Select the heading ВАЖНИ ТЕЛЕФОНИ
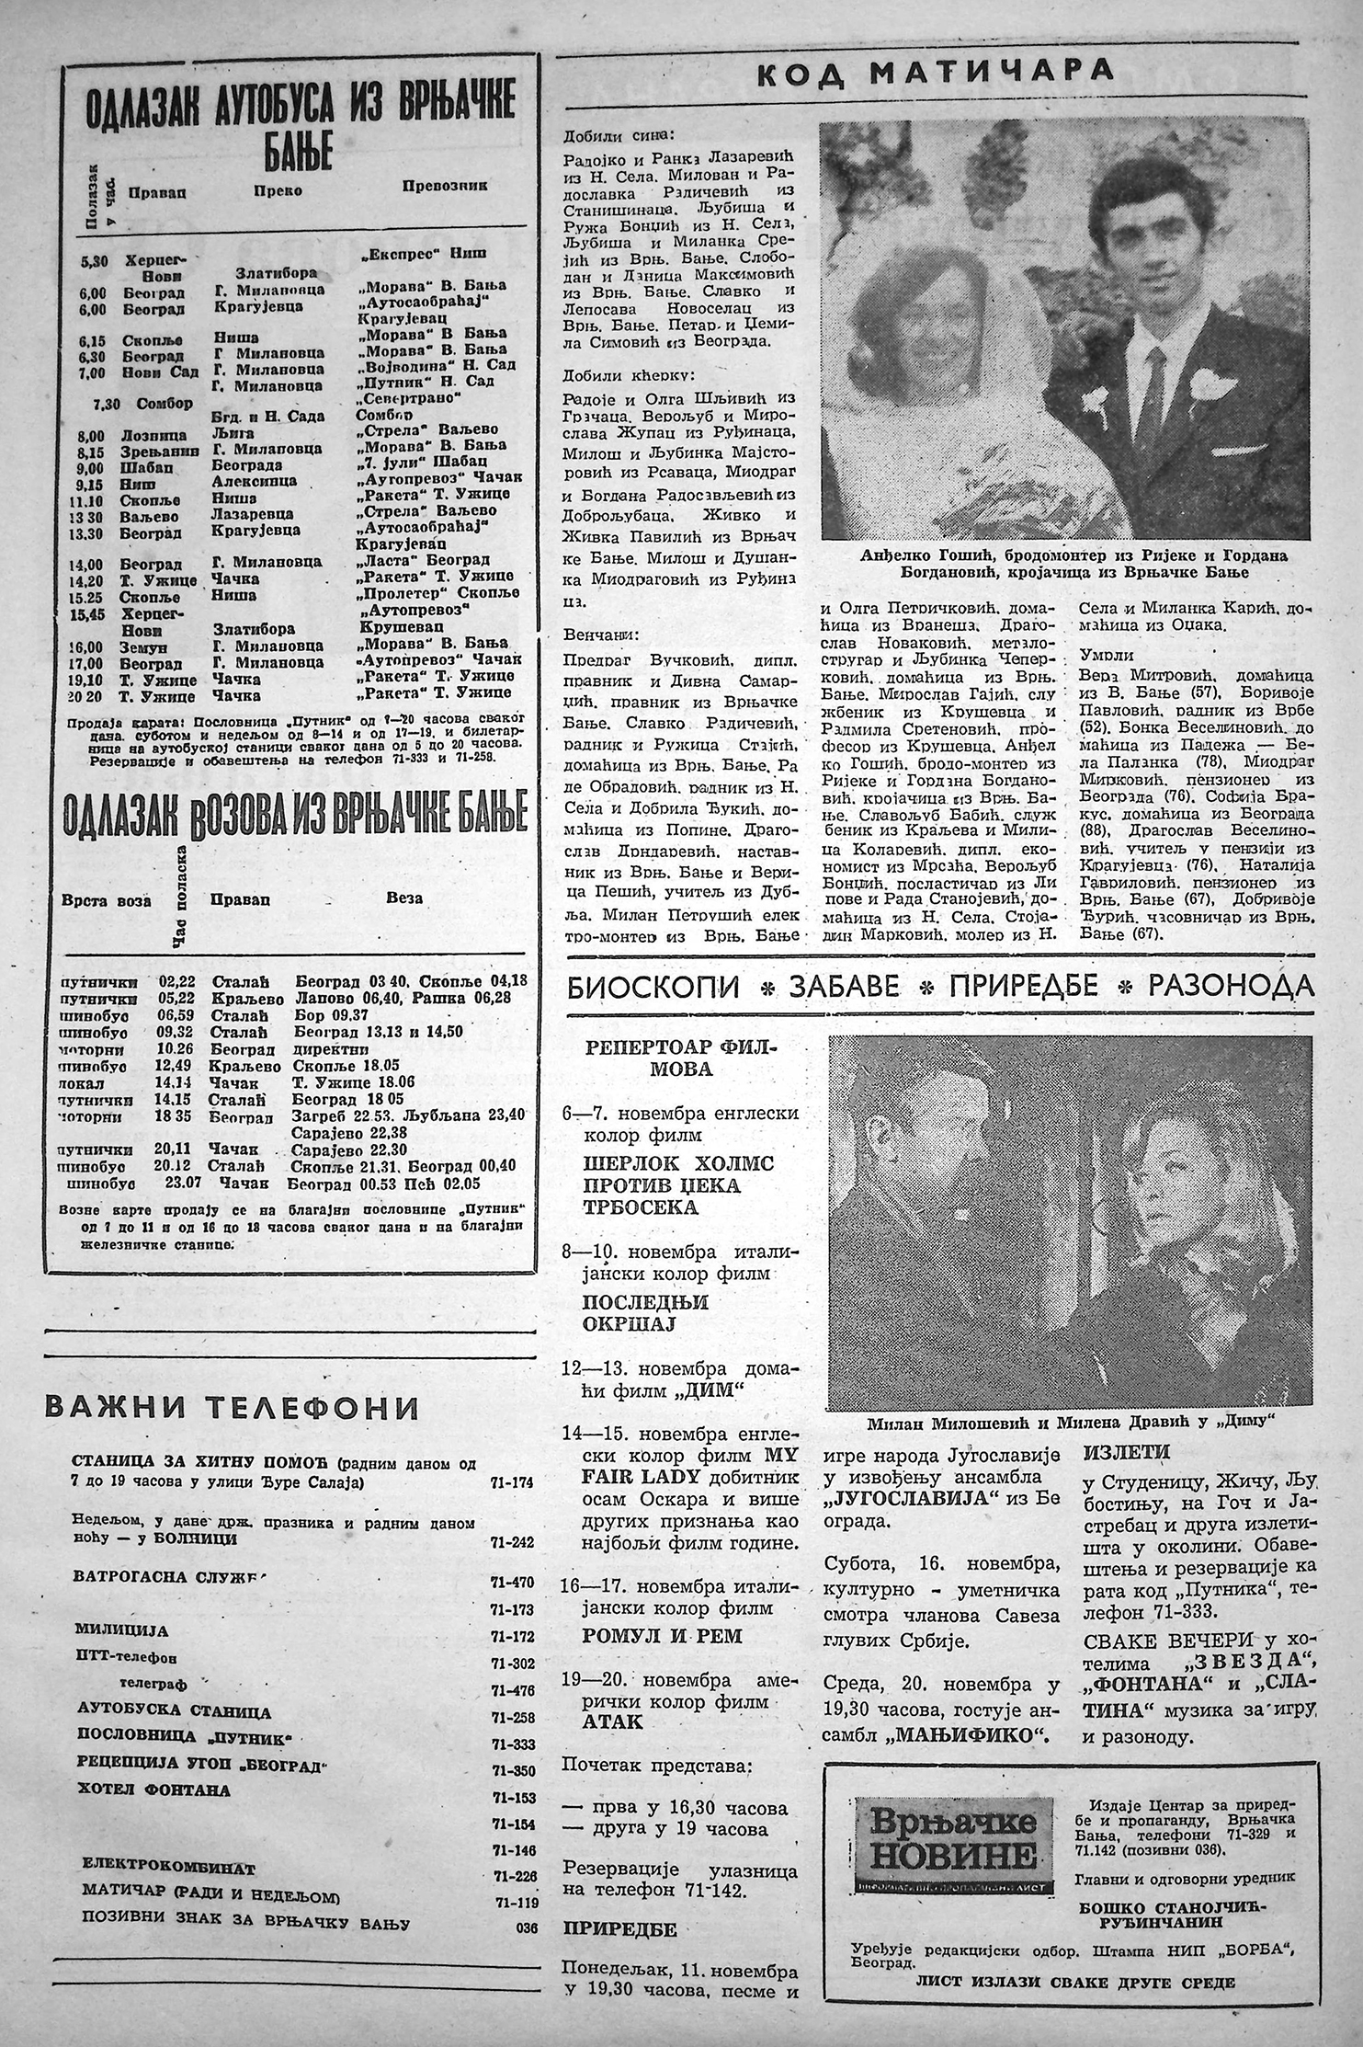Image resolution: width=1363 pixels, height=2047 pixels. [232, 1407]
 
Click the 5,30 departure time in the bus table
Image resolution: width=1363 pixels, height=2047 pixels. [94, 261]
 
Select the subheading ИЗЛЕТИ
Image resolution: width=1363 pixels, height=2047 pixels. [1126, 1451]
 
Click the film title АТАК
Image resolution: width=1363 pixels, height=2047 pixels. [612, 1721]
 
